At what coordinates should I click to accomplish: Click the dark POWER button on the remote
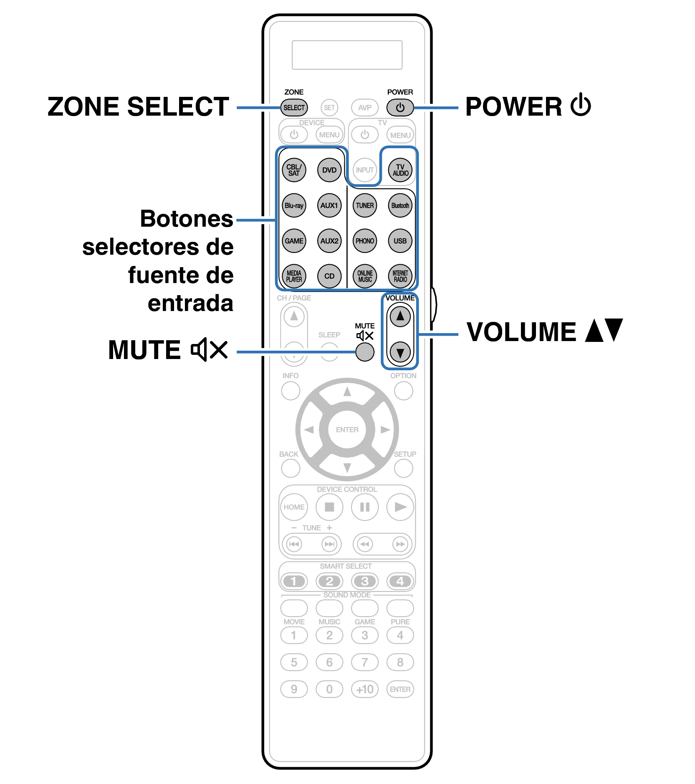[400, 107]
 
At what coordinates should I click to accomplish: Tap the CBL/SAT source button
[294, 170]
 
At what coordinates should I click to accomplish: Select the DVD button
[329, 170]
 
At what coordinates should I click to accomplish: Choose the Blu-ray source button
[294, 205]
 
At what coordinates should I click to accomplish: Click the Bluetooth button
[400, 205]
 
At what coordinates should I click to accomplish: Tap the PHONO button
[365, 241]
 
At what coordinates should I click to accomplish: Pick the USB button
[400, 241]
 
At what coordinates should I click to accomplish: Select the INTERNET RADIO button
[400, 276]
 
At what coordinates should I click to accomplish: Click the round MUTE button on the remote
[365, 352]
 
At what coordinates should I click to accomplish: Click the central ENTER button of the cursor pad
[347, 430]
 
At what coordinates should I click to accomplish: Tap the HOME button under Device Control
[294, 507]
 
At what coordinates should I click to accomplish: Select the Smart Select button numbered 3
[365, 581]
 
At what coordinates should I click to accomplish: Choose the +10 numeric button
[365, 689]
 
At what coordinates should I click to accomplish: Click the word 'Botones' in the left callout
[187, 219]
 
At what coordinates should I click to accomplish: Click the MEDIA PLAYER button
[294, 276]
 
